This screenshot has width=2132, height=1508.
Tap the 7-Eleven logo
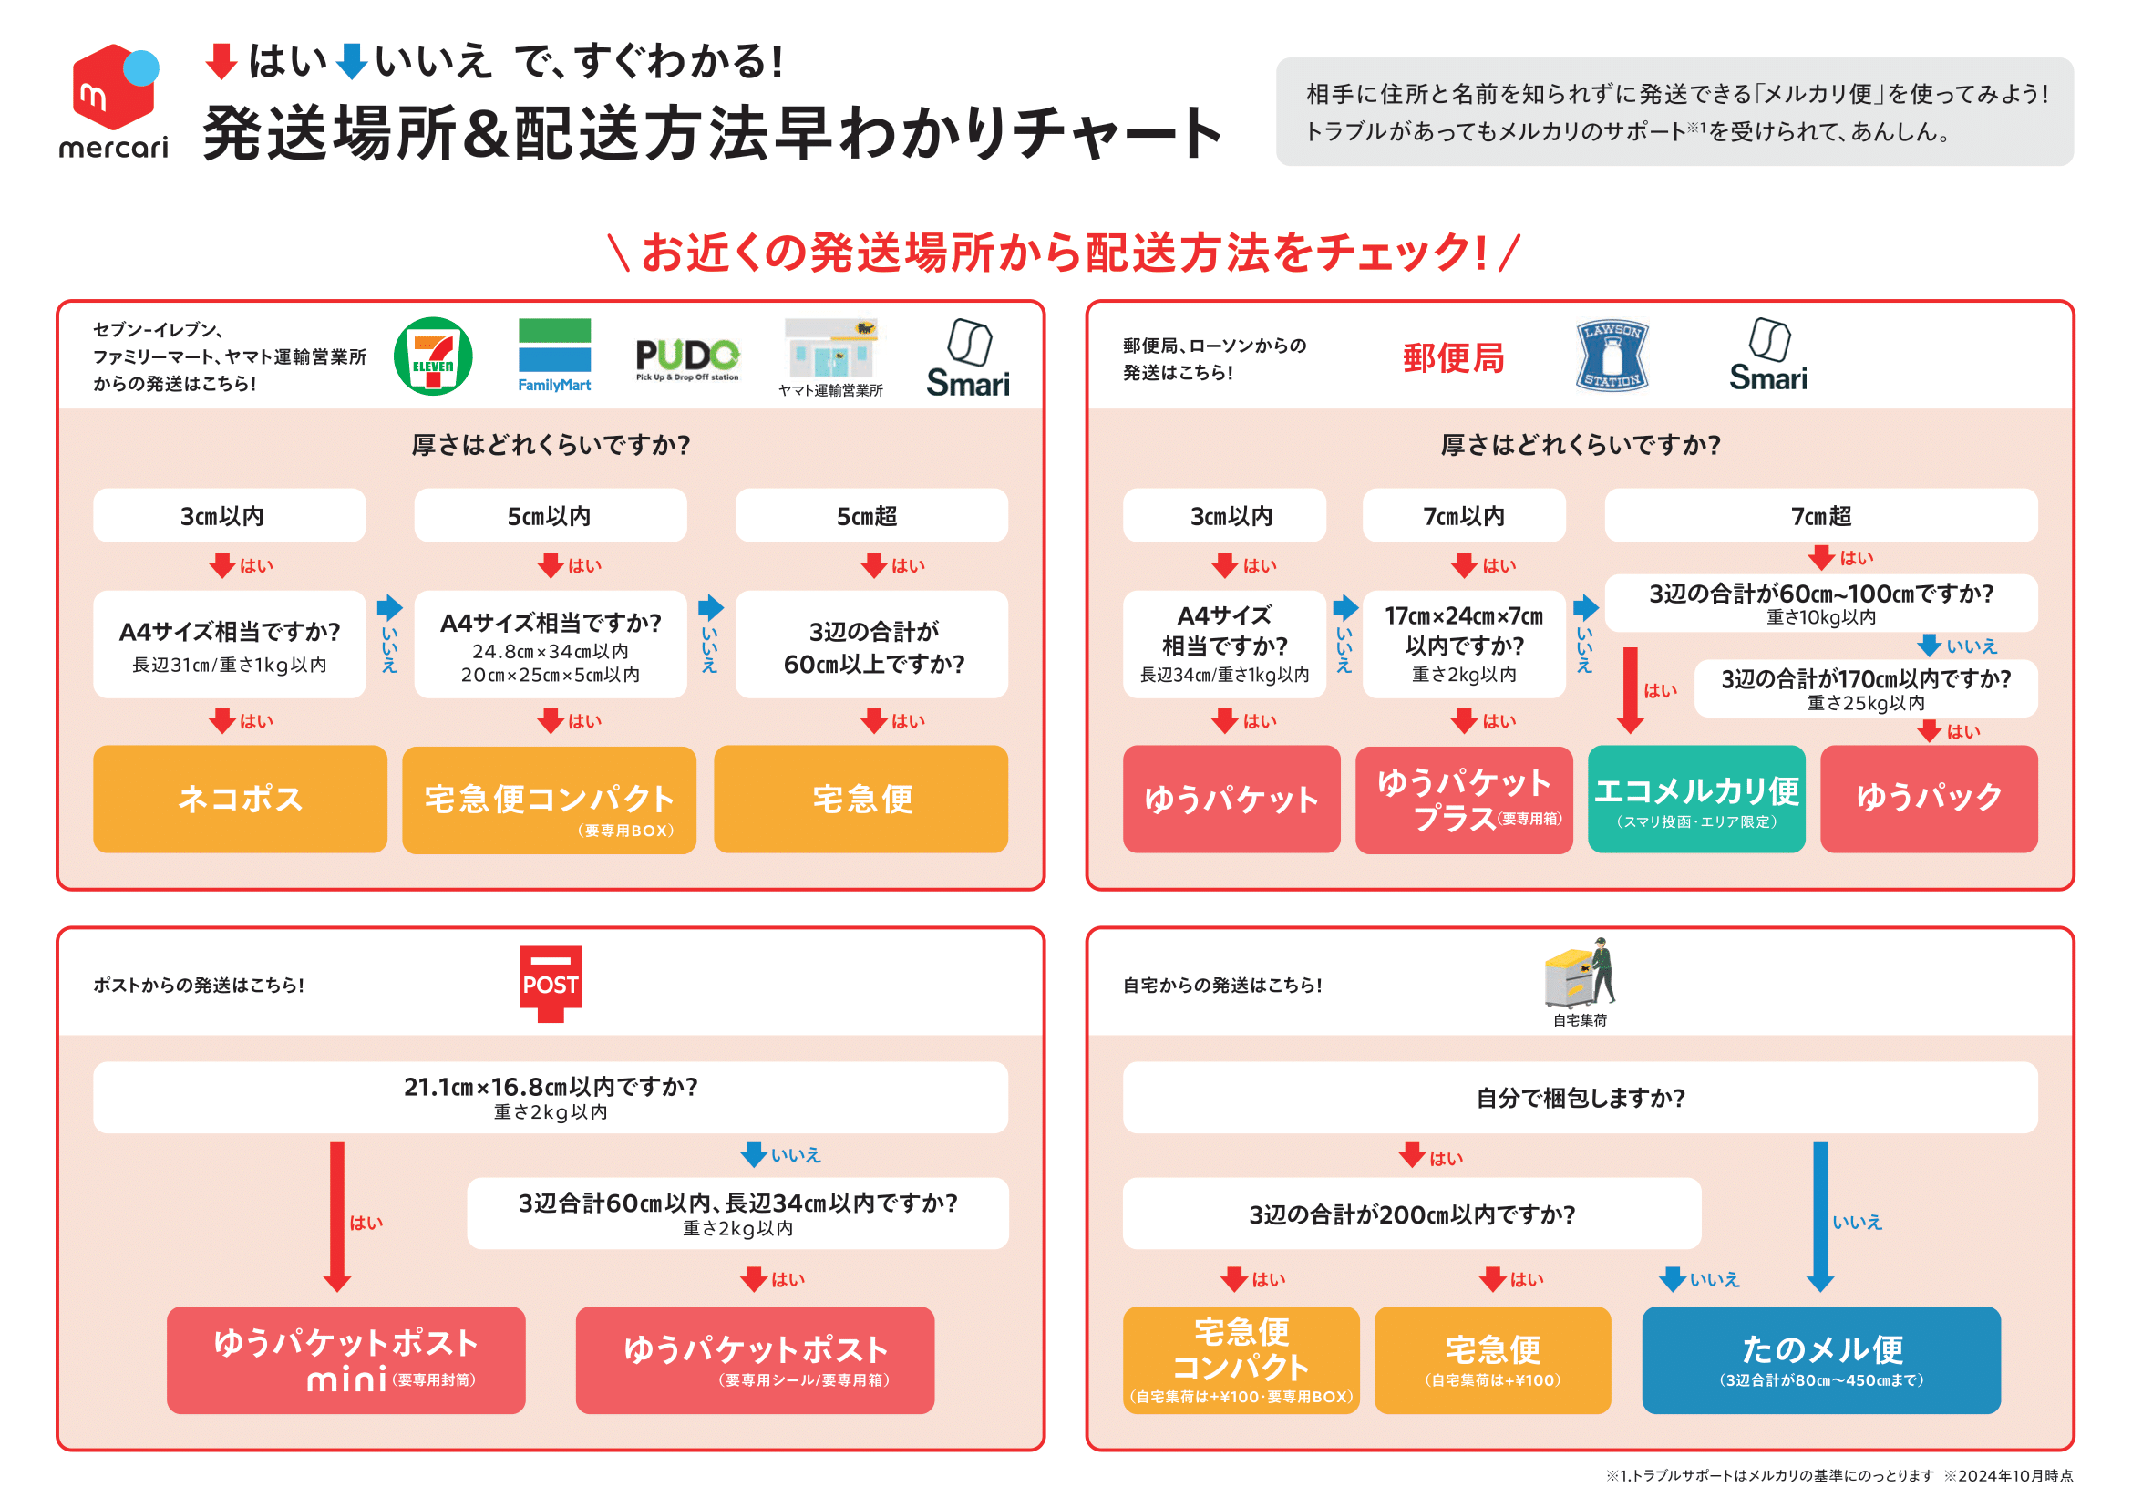[433, 356]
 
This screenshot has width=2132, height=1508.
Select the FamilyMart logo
[554, 355]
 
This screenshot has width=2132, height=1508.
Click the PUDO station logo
[687, 358]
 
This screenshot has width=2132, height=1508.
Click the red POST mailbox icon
[550, 984]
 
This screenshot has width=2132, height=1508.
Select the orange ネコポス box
[240, 799]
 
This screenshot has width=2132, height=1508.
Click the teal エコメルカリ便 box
[1695, 799]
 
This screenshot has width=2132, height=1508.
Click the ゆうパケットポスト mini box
[345, 1358]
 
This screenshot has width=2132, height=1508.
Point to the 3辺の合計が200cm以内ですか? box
[1410, 1213]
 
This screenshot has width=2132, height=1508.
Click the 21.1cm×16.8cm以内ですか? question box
[550, 1097]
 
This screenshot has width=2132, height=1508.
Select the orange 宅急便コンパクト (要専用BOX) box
[549, 800]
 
